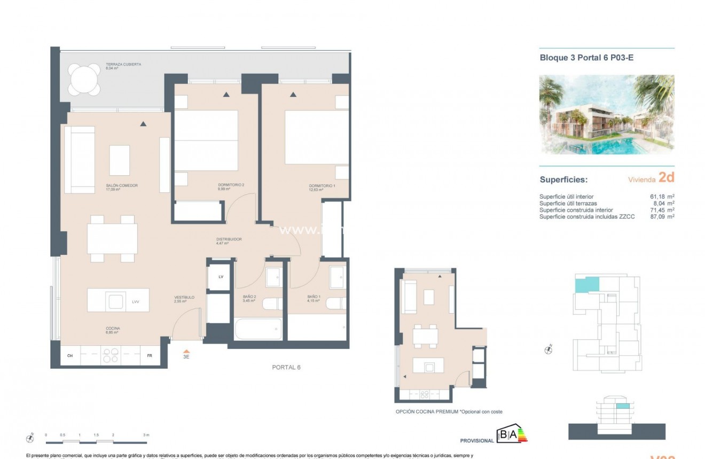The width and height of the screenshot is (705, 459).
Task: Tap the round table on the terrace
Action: coord(85,80)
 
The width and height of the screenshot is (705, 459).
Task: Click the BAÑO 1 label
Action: coord(314,297)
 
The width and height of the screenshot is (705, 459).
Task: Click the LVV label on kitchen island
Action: coord(136,302)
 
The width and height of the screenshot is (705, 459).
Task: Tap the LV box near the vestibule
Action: coord(220,277)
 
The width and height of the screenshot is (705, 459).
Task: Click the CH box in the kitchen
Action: coord(70,356)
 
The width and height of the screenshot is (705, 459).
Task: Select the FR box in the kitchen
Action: coord(150,356)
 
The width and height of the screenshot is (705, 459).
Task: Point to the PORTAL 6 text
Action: coord(286,368)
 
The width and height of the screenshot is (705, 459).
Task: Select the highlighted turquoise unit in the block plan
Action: coord(587,284)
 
